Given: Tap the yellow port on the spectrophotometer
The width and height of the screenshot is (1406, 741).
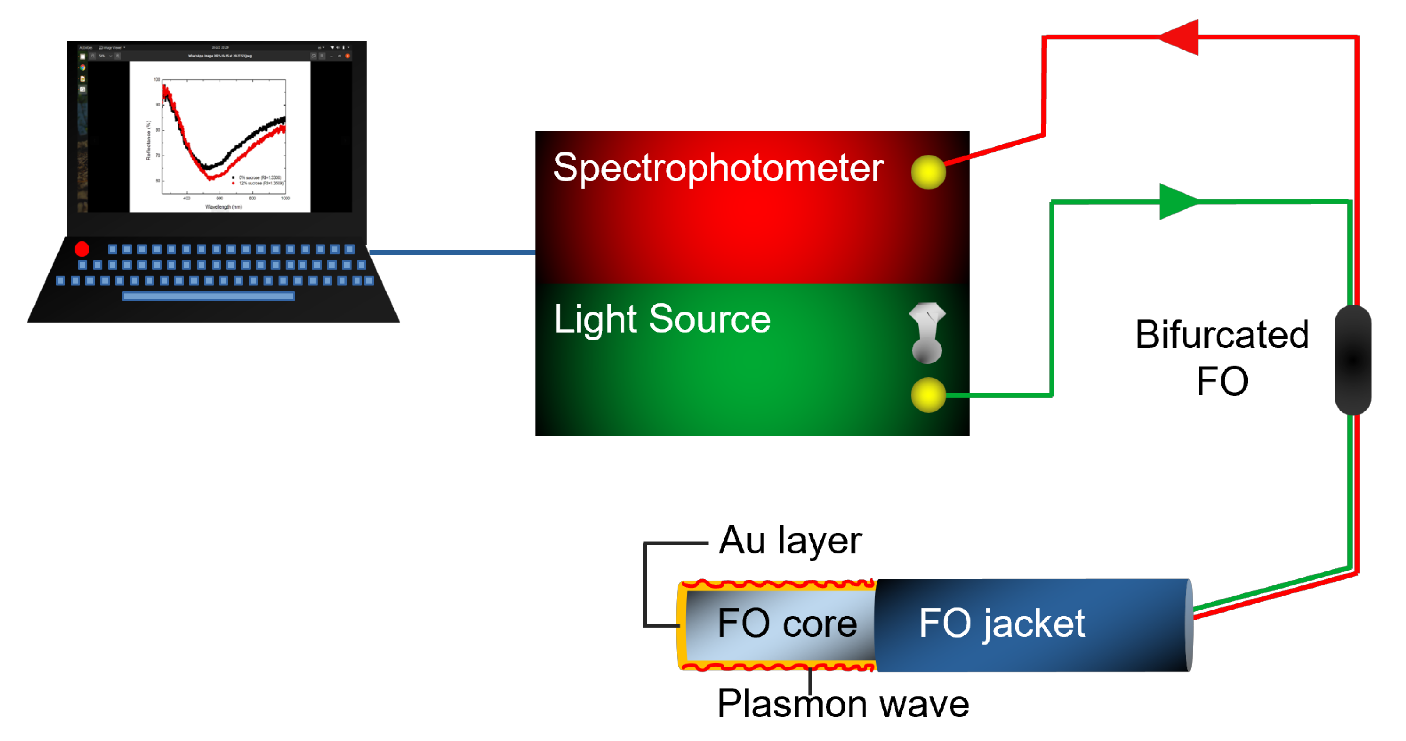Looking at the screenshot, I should (x=928, y=172).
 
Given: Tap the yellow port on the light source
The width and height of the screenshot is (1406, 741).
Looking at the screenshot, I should (x=928, y=394).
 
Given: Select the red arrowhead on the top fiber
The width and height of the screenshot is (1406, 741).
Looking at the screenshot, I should (x=1180, y=37).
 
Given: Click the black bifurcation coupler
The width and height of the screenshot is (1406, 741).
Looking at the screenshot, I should (x=1353, y=360).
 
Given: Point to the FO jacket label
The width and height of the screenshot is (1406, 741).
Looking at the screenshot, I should (x=1001, y=623).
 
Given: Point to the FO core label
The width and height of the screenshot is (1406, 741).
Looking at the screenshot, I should (x=787, y=623).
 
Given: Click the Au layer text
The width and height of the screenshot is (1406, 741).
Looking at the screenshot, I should (x=790, y=540).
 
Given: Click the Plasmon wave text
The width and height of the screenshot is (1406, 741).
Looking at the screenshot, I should (x=843, y=704).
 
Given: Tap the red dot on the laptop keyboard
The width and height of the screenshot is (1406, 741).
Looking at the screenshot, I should (x=82, y=249).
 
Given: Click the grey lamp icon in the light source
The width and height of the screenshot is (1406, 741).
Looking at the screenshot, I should (x=927, y=333).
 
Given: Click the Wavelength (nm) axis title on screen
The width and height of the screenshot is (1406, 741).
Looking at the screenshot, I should (x=223, y=207).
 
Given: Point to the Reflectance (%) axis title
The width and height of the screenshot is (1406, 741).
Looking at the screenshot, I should (x=148, y=140).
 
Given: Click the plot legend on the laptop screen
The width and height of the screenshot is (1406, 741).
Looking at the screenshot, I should (x=258, y=180).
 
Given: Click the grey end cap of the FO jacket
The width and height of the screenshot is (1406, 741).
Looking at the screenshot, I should (x=1189, y=625).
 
